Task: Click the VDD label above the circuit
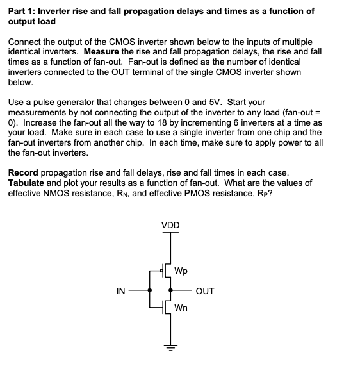pyautogui.click(x=170, y=225)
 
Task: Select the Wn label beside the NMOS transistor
pyautogui.click(x=182, y=308)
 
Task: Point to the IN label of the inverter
pyautogui.click(x=120, y=291)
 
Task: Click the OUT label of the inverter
pyautogui.click(x=205, y=291)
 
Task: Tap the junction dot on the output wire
pyautogui.click(x=170, y=290)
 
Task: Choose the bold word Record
pyautogui.click(x=25, y=173)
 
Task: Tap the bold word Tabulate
pyautogui.click(x=28, y=183)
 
